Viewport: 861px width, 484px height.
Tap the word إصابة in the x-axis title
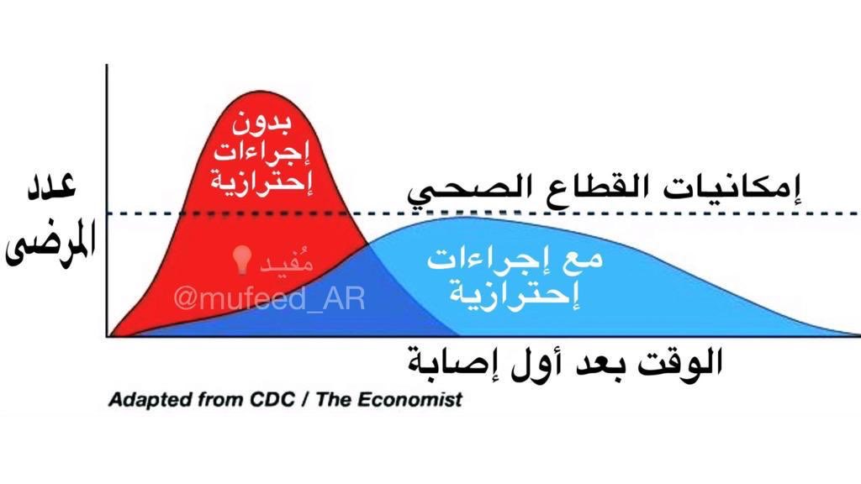pos(450,363)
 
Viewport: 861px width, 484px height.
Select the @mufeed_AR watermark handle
pos(269,299)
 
